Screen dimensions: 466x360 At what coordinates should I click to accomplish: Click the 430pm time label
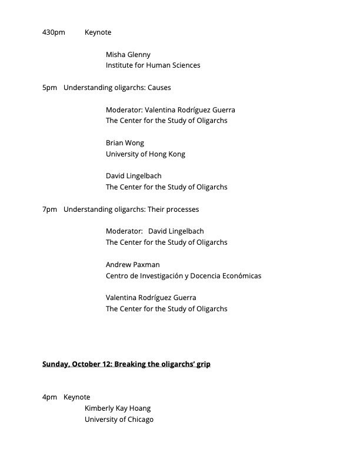pos(54,32)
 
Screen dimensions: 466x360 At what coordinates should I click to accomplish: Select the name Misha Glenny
pos(128,55)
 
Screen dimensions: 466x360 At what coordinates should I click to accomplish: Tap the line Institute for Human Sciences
pos(153,65)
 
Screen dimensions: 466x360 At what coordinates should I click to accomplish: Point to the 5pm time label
pos(49,88)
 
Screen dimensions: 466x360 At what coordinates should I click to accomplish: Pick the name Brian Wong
pos(125,143)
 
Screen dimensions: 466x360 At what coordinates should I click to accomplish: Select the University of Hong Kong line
pos(145,154)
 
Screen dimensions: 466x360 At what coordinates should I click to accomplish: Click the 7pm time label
pos(49,209)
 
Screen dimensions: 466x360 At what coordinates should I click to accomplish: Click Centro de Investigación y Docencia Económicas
pos(184,276)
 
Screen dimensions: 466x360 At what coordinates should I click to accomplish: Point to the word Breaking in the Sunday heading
pos(130,364)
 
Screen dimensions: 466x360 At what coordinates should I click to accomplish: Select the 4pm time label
pos(49,397)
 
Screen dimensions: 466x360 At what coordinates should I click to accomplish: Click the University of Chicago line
pos(119,420)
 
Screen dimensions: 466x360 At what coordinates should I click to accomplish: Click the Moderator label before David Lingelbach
pos(124,231)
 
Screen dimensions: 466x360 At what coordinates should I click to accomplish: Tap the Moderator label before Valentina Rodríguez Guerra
pos(124,110)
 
